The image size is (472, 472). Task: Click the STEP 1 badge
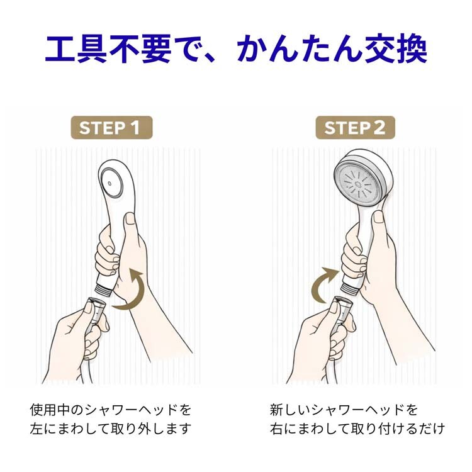pos(111,128)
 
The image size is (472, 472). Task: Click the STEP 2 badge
pos(355,128)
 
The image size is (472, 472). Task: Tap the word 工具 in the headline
pos(76,49)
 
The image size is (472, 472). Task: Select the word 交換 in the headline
pos(396,49)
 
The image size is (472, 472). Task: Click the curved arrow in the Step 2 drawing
pos(326,284)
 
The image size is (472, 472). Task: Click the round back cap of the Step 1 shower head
pos(111,183)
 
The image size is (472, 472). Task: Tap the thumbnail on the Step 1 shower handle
pos(131,218)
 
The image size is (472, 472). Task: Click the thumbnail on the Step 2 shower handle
pos(378,216)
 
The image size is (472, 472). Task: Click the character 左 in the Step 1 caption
pos(37,429)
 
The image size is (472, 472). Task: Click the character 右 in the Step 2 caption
pos(277,429)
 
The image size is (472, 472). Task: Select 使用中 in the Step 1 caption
pos(50,410)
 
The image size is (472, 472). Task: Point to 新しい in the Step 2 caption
pos(290,410)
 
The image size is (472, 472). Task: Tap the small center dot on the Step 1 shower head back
pos(110,183)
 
